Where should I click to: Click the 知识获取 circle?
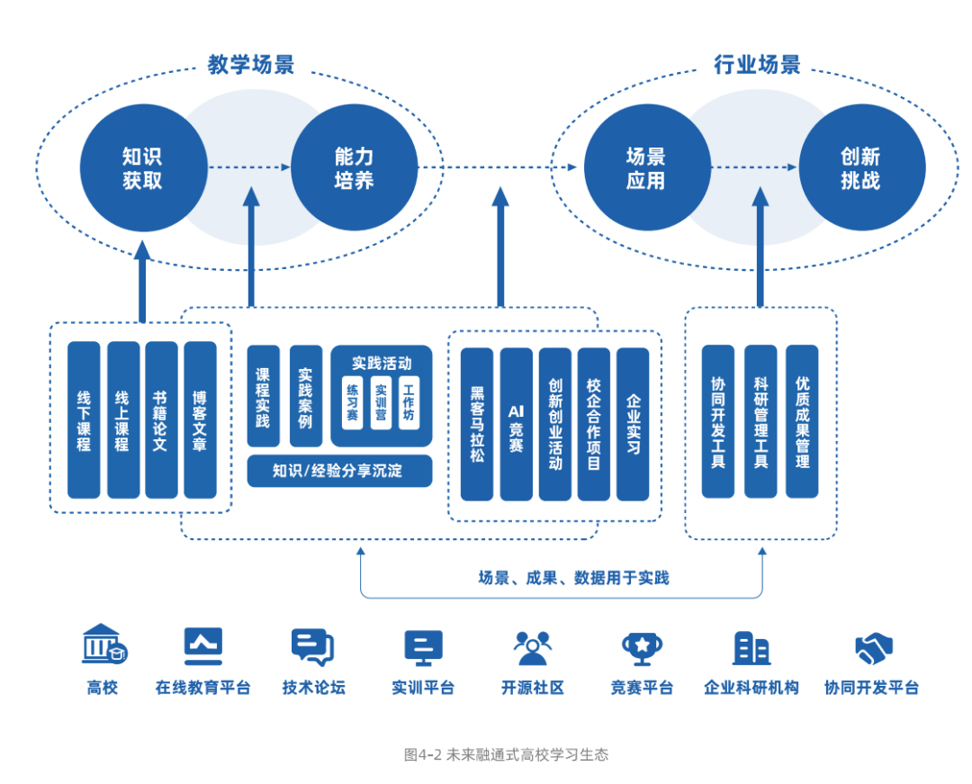(x=142, y=167)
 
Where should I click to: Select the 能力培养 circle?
(x=354, y=167)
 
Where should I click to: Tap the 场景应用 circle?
(x=646, y=167)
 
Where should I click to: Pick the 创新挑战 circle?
(x=861, y=167)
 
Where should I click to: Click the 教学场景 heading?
(x=251, y=65)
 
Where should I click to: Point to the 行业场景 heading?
(x=757, y=65)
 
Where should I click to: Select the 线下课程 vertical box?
(x=84, y=419)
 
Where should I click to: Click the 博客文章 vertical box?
(x=200, y=419)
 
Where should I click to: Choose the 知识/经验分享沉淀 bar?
(x=339, y=471)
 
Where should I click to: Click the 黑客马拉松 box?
(x=477, y=424)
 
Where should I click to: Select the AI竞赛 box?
(x=516, y=424)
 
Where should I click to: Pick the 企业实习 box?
(x=633, y=424)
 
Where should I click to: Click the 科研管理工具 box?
(x=760, y=421)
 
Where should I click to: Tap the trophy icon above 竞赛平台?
(x=642, y=646)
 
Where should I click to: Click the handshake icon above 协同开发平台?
(x=872, y=646)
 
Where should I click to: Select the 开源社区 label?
(x=533, y=688)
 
